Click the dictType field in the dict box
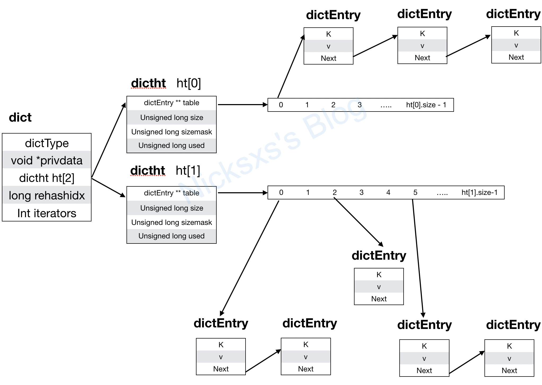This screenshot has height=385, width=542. tap(47, 143)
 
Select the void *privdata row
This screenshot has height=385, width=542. tap(47, 160)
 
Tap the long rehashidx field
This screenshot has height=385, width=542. tap(47, 195)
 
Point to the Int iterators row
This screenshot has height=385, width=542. tap(47, 213)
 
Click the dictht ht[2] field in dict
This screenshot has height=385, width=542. tap(47, 178)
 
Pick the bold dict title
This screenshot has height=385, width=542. tap(20, 117)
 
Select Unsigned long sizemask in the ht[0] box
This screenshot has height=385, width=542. tap(172, 132)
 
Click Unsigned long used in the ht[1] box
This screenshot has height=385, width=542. tap(172, 236)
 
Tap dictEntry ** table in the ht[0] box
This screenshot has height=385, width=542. tap(172, 103)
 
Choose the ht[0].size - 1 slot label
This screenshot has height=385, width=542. tap(426, 105)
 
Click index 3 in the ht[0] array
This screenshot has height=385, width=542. tap(360, 105)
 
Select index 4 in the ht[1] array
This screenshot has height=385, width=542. tap(388, 192)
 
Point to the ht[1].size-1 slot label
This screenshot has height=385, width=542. tap(479, 192)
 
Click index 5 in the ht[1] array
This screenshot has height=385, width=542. tap(415, 192)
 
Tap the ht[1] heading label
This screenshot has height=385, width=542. tap(188, 170)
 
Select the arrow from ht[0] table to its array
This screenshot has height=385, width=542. tap(242, 105)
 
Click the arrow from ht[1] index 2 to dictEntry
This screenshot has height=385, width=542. tap(359, 222)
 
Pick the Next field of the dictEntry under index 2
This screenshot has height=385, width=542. tap(379, 299)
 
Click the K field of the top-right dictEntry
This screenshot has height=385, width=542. tap(516, 33)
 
